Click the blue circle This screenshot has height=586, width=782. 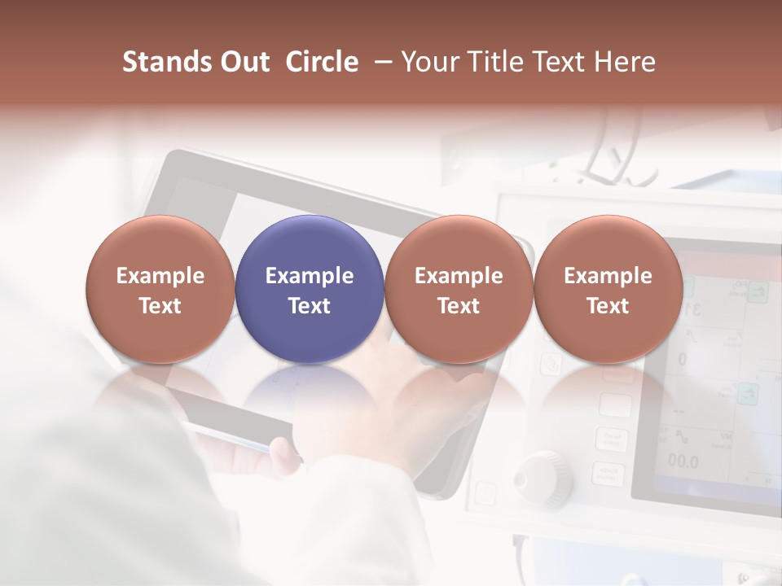(310, 244)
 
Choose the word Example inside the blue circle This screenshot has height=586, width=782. (310, 276)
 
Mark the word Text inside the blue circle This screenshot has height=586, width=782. (310, 306)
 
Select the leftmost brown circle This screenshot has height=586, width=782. (160, 244)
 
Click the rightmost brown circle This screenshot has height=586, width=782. (608, 244)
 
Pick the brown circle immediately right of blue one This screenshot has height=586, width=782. (459, 244)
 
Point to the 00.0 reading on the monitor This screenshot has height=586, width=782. (683, 462)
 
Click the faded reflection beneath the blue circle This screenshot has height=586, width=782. (310, 391)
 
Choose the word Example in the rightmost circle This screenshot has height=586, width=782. (608, 276)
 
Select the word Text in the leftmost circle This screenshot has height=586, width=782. (160, 306)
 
